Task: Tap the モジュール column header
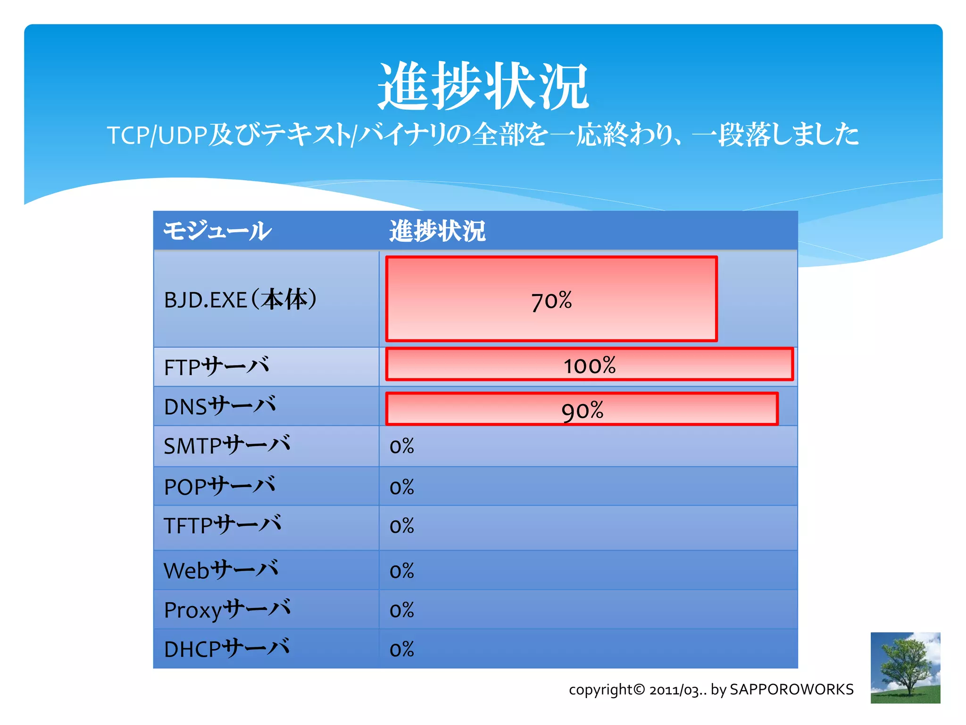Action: coord(217,231)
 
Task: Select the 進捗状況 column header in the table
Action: coord(437,231)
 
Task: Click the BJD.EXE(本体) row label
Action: coord(240,300)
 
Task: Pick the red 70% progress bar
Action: coord(551,299)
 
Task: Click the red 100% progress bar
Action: coord(589,364)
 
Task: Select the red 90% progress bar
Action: coord(582,409)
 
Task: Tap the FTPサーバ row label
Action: coord(217,367)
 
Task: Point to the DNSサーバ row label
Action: coord(220,406)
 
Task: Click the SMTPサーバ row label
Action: coord(227,446)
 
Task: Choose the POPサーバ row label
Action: coord(220,486)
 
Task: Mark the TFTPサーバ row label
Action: coord(223,525)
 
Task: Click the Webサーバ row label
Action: coord(221,570)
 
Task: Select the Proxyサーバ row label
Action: coord(227,610)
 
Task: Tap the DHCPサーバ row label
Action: coord(227,649)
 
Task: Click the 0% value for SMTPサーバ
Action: coord(402,447)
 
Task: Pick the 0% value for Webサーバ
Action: coord(402,571)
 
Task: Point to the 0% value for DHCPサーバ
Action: coord(402,649)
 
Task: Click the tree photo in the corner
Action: coord(905,667)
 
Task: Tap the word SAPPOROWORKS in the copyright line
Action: coord(791,690)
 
